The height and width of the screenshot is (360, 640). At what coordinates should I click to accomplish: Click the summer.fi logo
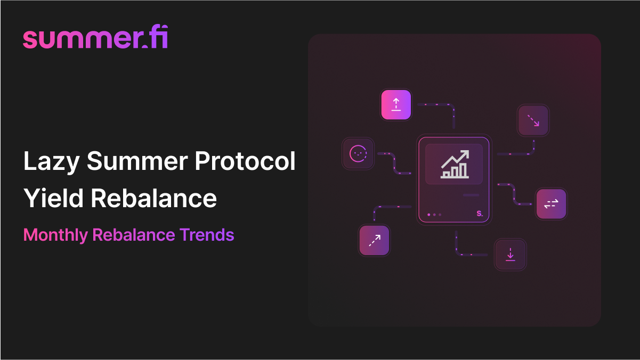coord(95,38)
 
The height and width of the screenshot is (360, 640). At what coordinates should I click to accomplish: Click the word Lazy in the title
coord(51,161)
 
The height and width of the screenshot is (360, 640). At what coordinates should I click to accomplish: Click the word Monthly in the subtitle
coord(55,234)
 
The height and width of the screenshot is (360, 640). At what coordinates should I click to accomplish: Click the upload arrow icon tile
coord(396,104)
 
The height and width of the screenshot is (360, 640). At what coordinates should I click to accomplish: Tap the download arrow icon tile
coord(511,255)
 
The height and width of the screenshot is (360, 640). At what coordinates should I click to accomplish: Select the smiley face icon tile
coord(358,154)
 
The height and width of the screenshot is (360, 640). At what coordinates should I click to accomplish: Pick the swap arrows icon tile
coord(551,204)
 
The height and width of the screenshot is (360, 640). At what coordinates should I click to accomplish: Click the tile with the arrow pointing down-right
coord(533,120)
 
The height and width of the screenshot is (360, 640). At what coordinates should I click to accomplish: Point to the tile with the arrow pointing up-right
coord(374,241)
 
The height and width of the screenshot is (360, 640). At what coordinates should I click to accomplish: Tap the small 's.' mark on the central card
coord(479,214)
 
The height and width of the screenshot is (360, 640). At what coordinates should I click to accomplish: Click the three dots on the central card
coord(434,215)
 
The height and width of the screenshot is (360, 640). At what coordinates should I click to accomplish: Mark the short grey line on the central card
coord(471,195)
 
